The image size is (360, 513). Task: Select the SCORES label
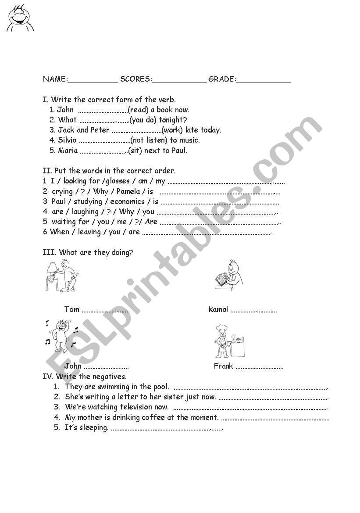tap(135, 79)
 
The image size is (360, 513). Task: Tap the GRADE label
tap(222, 79)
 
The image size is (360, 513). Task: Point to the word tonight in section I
tap(173, 120)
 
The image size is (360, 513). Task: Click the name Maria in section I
tap(68, 151)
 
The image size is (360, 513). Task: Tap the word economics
tap(127, 201)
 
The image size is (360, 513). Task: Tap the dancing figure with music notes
tap(61, 335)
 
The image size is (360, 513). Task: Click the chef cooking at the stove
tap(228, 341)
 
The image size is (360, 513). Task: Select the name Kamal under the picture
tap(218, 309)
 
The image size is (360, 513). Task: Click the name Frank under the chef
tap(223, 366)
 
